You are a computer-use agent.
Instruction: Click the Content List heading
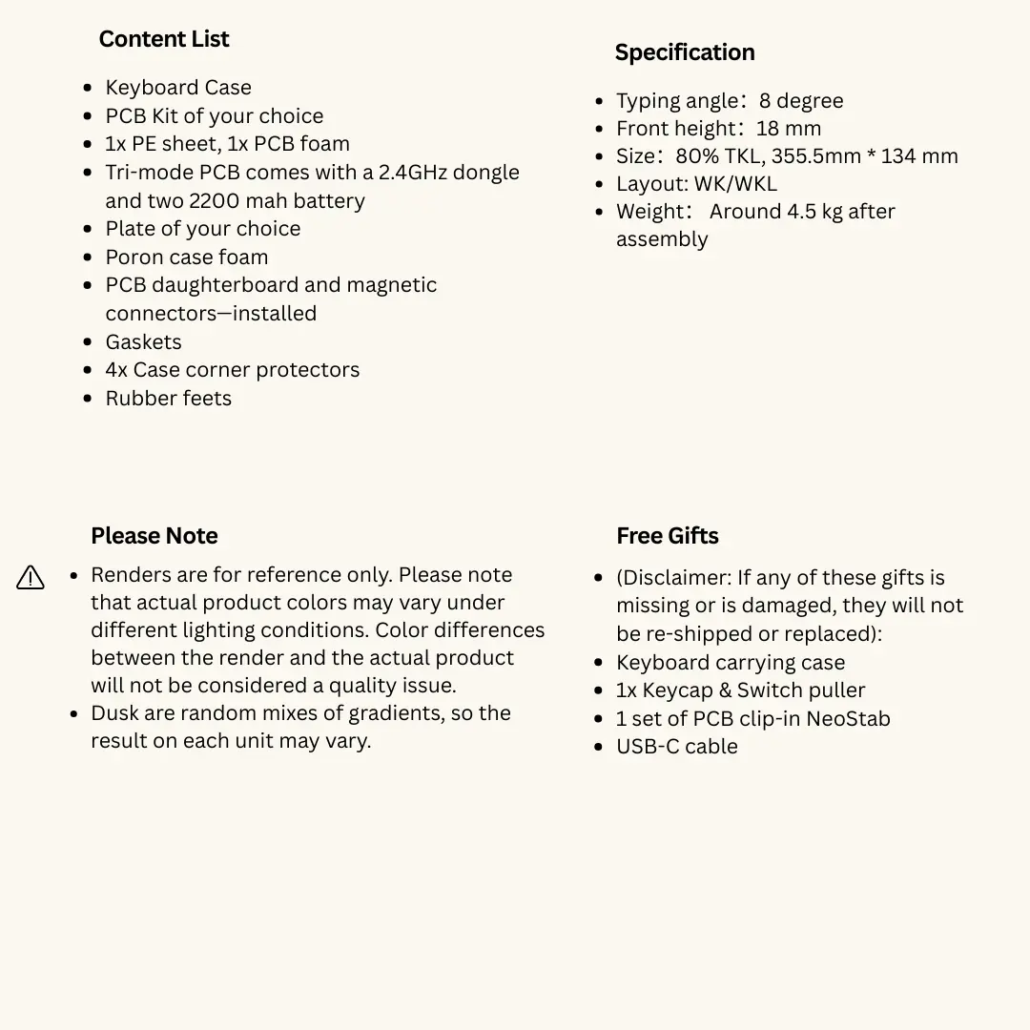tap(164, 39)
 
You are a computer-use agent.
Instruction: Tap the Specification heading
tap(684, 52)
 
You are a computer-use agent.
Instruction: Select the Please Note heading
tap(154, 536)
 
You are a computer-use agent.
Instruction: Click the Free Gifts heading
tap(667, 536)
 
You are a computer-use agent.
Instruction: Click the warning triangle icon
tap(31, 577)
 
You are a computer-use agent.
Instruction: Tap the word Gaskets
tap(143, 342)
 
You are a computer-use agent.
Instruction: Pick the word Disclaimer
tap(673, 578)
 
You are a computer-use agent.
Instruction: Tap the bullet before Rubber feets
tap(88, 399)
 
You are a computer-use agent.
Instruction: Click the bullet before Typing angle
tap(599, 101)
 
